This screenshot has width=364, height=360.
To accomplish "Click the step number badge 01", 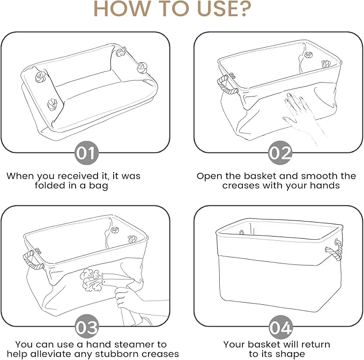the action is (87, 153).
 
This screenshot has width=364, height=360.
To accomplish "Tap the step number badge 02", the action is (280, 153).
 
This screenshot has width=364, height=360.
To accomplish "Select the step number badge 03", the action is (87, 327).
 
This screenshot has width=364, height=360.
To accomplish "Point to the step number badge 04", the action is (280, 327).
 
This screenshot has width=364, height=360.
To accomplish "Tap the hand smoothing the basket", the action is (302, 116).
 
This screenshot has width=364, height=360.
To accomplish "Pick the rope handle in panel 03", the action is (33, 260).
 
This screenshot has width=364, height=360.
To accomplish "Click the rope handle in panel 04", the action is (335, 249).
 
